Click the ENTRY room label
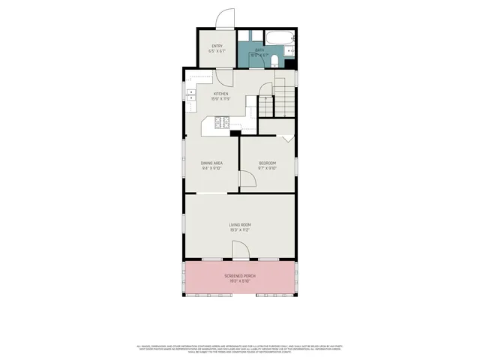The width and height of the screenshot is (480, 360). coord(217,46)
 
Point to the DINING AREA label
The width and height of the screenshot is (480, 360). coord(211,163)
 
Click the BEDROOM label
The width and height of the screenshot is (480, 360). coord(268,163)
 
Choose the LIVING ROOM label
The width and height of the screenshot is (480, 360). coord(240,224)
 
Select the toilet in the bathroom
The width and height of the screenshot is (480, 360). coord(275,61)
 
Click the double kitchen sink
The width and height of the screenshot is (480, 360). coord(190,94)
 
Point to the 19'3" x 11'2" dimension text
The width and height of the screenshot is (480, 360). coord(240,230)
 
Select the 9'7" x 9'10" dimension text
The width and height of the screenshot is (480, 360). coord(268,169)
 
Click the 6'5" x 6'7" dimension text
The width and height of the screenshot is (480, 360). coord(217,52)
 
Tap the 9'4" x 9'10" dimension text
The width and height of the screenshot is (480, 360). coord(211,169)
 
